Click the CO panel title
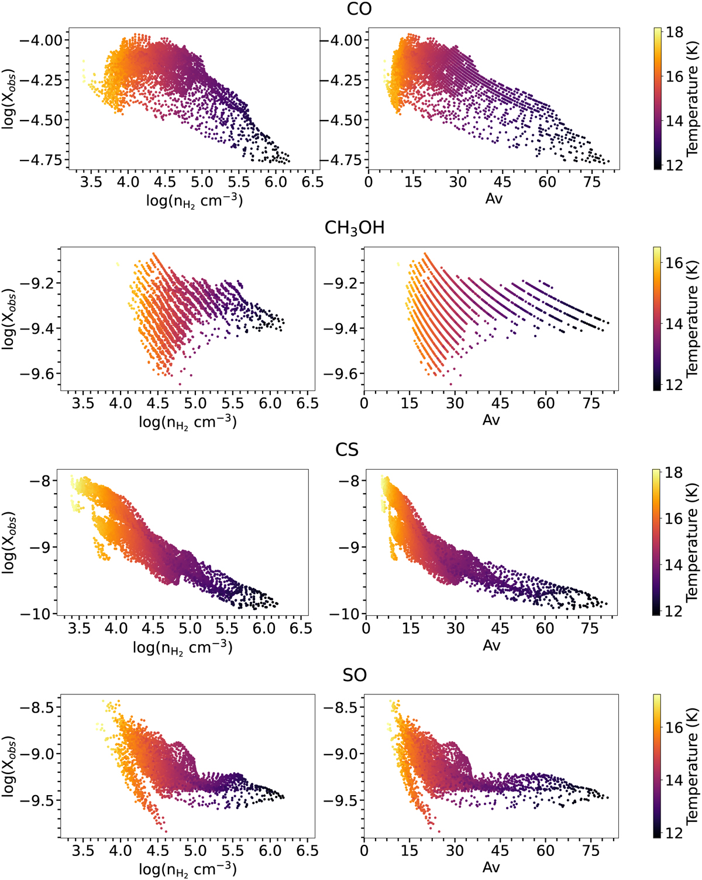[x=359, y=10]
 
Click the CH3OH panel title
[x=355, y=228]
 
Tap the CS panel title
[x=347, y=450]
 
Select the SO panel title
[x=355, y=676]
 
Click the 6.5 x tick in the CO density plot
[x=312, y=182]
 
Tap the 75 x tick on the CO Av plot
[x=592, y=182]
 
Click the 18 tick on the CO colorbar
[x=675, y=32]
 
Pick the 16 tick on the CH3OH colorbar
[x=675, y=262]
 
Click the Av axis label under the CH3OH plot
[x=491, y=420]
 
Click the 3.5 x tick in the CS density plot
[x=79, y=629]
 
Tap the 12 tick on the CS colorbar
[x=675, y=611]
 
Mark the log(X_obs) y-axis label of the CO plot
[x=9, y=98]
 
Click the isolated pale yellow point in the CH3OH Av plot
[x=398, y=264]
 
